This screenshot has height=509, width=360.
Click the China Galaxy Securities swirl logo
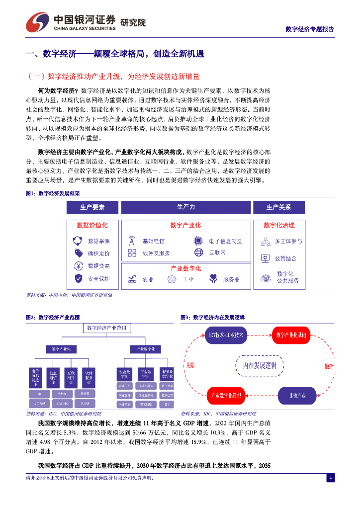[x=38, y=21]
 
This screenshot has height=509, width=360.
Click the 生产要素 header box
[x=92, y=207]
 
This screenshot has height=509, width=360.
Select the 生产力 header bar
[x=186, y=207]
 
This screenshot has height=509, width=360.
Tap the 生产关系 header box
[x=278, y=207]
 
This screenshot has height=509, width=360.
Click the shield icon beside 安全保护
[x=78, y=279]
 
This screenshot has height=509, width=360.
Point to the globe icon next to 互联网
[x=199, y=253]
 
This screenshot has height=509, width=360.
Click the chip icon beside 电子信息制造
[x=198, y=241]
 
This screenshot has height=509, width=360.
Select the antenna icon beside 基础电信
[x=132, y=241]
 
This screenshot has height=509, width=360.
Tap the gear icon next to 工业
[x=172, y=279]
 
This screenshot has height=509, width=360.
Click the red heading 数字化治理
[x=278, y=225]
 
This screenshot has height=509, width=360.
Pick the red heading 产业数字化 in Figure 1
[x=186, y=268]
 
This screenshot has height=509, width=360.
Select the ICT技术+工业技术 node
[x=226, y=336]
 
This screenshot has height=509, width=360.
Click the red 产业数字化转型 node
[x=226, y=396]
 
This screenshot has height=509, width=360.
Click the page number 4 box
[x=330, y=478]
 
